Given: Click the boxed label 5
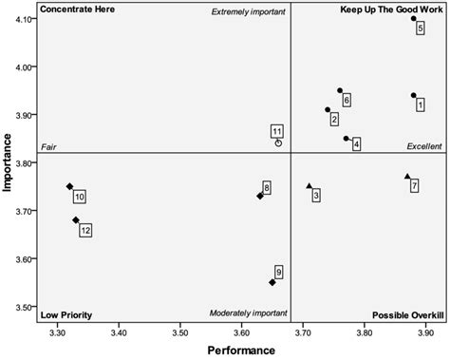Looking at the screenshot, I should [420, 28].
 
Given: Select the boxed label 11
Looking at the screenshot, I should [276, 131].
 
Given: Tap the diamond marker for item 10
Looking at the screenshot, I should [69, 186].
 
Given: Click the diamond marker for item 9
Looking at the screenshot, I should [272, 282].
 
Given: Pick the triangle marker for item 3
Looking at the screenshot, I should [309, 186].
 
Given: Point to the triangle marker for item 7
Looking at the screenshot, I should [407, 177].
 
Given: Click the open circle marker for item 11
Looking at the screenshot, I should [278, 143].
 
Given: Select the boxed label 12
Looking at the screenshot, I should [85, 230].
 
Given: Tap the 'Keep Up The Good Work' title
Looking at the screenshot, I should [391, 9].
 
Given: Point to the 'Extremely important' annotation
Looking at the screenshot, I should [246, 11].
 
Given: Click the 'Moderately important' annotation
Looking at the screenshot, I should [245, 313].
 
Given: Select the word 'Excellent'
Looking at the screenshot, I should [423, 146].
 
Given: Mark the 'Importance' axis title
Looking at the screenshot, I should [8, 161].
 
